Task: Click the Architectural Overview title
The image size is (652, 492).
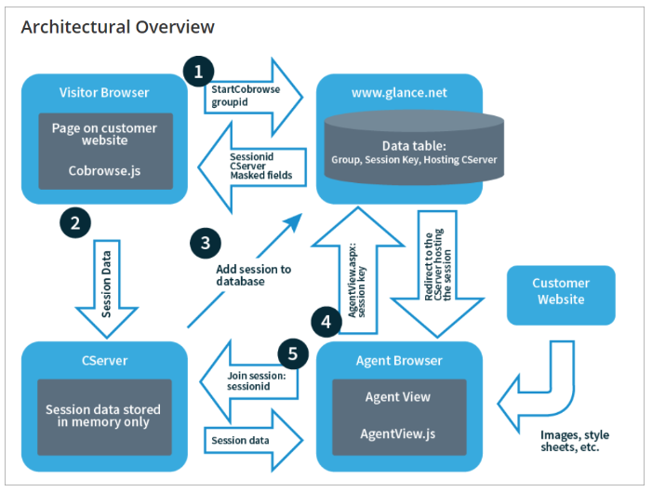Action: point(117,26)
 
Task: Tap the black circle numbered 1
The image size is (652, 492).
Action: point(198,70)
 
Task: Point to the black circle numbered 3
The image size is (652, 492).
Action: point(206,244)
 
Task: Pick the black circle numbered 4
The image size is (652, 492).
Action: point(325,322)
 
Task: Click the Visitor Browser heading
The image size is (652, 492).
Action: point(104,93)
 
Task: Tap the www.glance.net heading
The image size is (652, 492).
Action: point(400,93)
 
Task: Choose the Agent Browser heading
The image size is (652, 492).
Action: point(400,360)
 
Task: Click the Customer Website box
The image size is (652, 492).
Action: point(560,291)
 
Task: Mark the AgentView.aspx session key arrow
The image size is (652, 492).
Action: point(353,280)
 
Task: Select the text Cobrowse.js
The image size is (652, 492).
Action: point(104,170)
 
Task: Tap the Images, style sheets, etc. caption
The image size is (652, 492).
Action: point(575,441)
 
